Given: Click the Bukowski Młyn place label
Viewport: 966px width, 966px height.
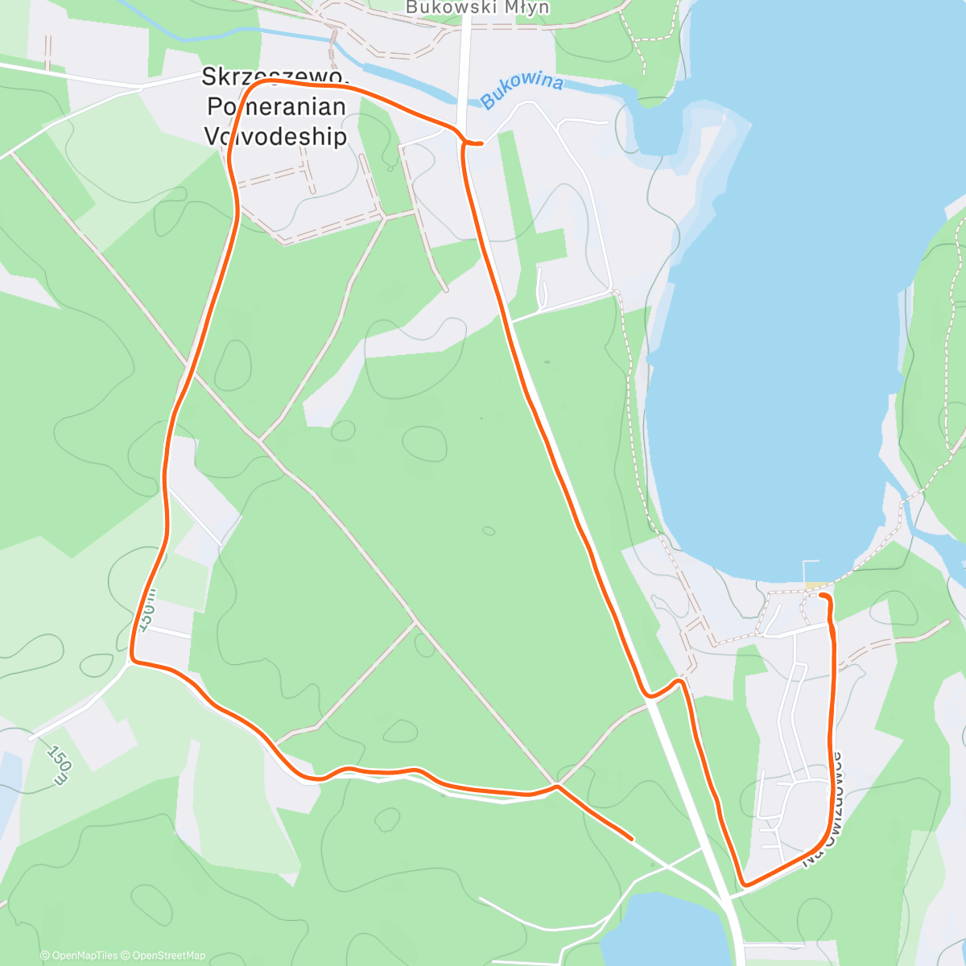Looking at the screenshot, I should [477, 8].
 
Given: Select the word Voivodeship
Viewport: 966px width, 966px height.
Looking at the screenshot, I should [275, 136].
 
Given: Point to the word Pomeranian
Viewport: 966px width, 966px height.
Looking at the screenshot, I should [276, 106].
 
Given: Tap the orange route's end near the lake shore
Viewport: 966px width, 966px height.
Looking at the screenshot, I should [821, 595].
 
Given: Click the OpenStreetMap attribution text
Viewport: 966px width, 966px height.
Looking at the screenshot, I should [168, 956].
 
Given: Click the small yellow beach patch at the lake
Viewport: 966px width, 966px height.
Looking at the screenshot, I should [814, 585].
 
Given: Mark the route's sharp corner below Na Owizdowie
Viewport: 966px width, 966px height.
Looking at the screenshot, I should [745, 885].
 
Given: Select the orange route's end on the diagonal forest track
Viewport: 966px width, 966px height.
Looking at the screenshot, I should [631, 839].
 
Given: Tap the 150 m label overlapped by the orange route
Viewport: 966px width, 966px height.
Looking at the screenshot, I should [148, 609].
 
